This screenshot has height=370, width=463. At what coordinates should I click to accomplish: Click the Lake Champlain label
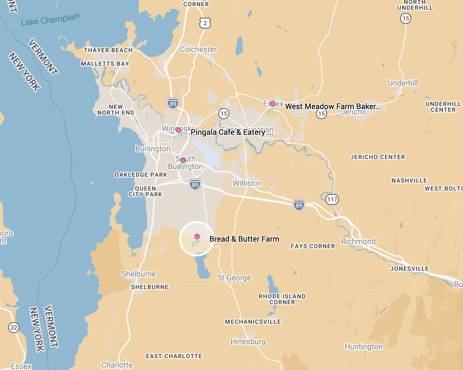[50, 19]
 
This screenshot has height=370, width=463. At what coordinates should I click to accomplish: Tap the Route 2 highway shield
[205, 23]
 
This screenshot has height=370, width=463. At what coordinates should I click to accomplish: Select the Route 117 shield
[332, 199]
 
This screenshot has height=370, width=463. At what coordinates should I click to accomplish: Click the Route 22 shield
[14, 328]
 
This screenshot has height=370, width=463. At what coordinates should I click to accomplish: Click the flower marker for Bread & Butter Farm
[196, 240]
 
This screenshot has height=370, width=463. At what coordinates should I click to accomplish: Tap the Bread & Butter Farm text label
[244, 239]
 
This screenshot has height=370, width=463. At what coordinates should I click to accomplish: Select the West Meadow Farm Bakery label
[333, 106]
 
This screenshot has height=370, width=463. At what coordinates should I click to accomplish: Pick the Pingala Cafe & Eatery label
[232, 132]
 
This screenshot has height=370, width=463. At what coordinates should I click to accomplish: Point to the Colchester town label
[198, 49]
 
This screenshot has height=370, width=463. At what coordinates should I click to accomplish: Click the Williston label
[247, 183]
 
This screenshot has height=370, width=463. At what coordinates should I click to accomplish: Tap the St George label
[234, 278]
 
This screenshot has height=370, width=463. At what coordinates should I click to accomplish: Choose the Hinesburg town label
[248, 341]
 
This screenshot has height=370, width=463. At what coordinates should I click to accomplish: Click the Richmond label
[358, 241]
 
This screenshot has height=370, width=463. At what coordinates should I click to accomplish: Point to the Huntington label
[364, 347]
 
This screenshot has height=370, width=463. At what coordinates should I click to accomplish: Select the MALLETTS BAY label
[105, 64]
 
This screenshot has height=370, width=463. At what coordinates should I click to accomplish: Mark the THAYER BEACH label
[108, 50]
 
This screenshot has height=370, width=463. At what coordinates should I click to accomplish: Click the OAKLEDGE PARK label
[141, 175]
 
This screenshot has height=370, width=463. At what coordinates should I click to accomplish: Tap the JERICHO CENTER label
[377, 157]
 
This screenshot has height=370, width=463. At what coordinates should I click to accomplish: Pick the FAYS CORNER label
[313, 246]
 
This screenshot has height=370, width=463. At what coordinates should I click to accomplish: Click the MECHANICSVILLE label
[253, 322]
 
